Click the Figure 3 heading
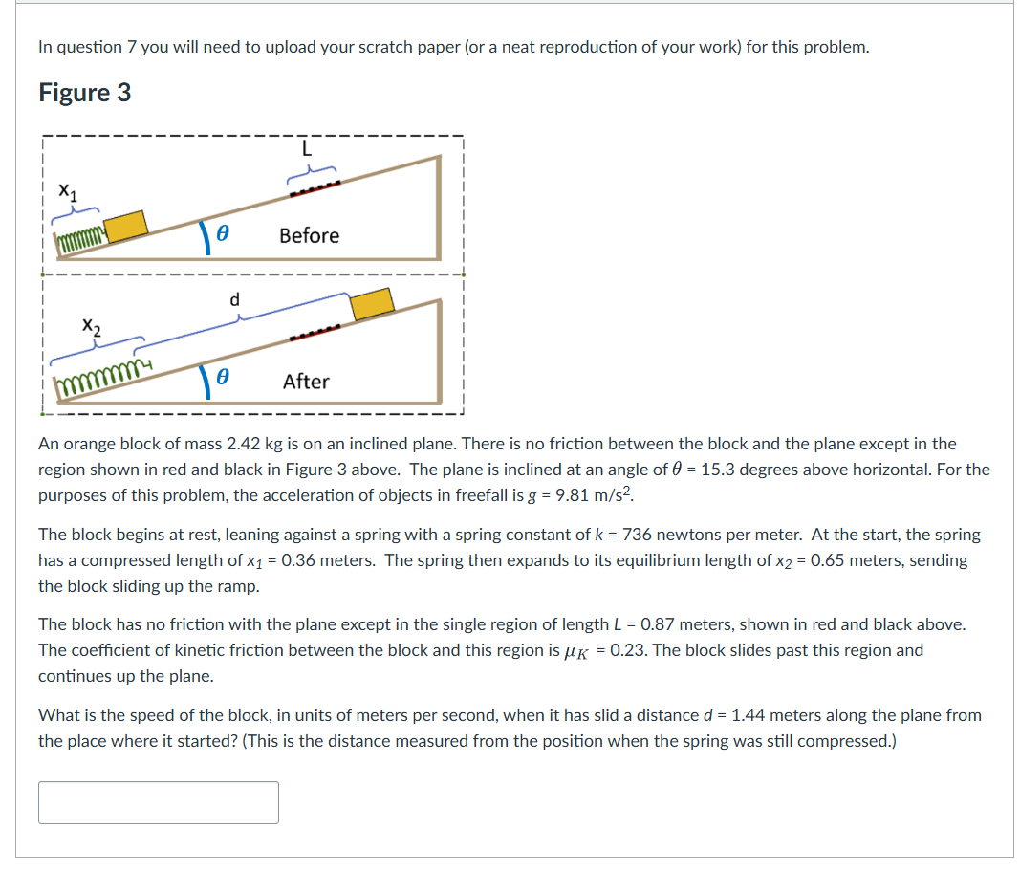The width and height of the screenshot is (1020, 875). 84,93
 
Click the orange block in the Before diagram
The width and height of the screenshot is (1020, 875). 126,226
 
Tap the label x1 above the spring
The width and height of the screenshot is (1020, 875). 66,190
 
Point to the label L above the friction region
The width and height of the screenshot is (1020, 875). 306,148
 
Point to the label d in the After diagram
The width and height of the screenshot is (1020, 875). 234,299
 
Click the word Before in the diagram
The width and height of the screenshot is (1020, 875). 309,235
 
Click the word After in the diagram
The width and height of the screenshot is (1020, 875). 306,382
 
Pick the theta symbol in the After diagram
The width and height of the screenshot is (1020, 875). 219,380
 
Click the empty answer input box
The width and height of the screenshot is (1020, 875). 159,802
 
